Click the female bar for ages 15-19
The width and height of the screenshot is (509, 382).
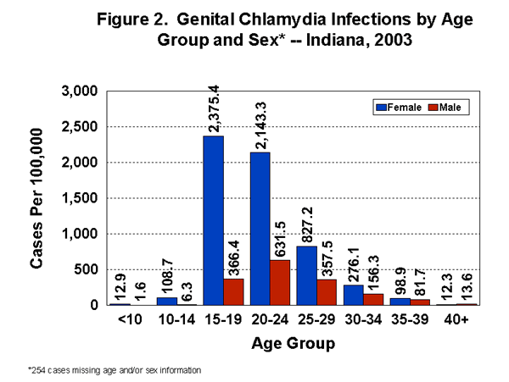click(x=213, y=220)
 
